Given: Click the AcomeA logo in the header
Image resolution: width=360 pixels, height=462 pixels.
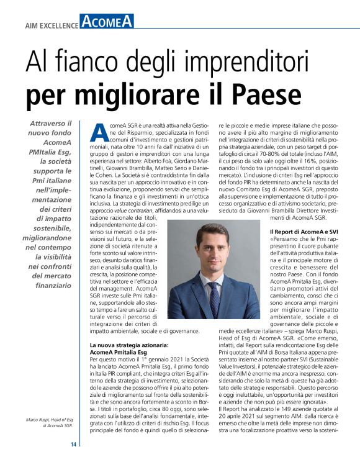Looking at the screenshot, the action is (107, 23).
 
